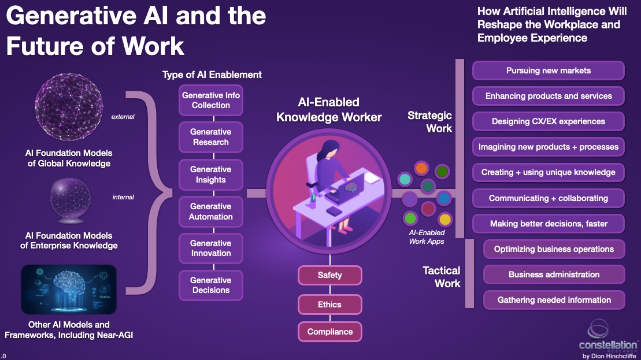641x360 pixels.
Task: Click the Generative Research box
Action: pyautogui.click(x=210, y=137)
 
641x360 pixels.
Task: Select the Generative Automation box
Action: pyautogui.click(x=210, y=211)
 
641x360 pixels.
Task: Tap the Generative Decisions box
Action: pyautogui.click(x=210, y=285)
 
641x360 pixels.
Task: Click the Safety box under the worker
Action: pyautogui.click(x=329, y=275)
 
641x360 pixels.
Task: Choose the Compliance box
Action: pyautogui.click(x=329, y=332)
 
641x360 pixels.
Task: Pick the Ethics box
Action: pyautogui.click(x=329, y=305)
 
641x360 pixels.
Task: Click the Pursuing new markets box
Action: pyautogui.click(x=548, y=70)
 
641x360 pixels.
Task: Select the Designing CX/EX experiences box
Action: pyautogui.click(x=548, y=121)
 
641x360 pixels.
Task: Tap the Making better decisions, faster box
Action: pyautogui.click(x=548, y=224)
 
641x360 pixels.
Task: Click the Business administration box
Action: pyautogui.click(x=554, y=274)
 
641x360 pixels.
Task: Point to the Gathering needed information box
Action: pyautogui.click(x=554, y=300)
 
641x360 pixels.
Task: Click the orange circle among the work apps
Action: pyautogui.click(x=422, y=169)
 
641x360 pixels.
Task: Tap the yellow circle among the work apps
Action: pyautogui.click(x=444, y=220)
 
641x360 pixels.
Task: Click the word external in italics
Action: pyautogui.click(x=123, y=117)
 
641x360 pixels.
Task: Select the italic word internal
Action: pyautogui.click(x=123, y=197)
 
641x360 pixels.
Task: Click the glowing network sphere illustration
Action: pyautogui.click(x=69, y=110)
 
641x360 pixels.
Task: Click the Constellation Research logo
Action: pyautogui.click(x=607, y=338)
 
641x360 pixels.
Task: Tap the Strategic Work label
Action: pyautogui.click(x=429, y=121)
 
